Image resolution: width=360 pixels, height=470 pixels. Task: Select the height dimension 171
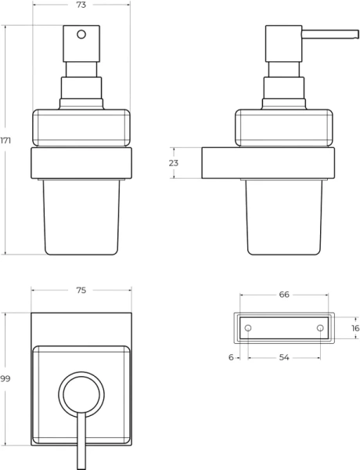7,140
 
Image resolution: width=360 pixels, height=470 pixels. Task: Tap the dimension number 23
174,163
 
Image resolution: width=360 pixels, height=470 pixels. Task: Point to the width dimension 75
81,291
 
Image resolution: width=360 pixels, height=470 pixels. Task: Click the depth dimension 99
6,378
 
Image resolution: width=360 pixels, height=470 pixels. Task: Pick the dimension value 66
284,295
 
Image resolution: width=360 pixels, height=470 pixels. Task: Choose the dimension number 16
355,328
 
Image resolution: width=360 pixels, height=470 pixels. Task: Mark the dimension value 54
284,357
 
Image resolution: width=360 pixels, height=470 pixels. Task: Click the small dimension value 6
231,357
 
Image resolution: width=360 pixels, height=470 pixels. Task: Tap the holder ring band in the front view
81,164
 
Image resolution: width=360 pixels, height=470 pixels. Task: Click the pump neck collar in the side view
284,88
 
